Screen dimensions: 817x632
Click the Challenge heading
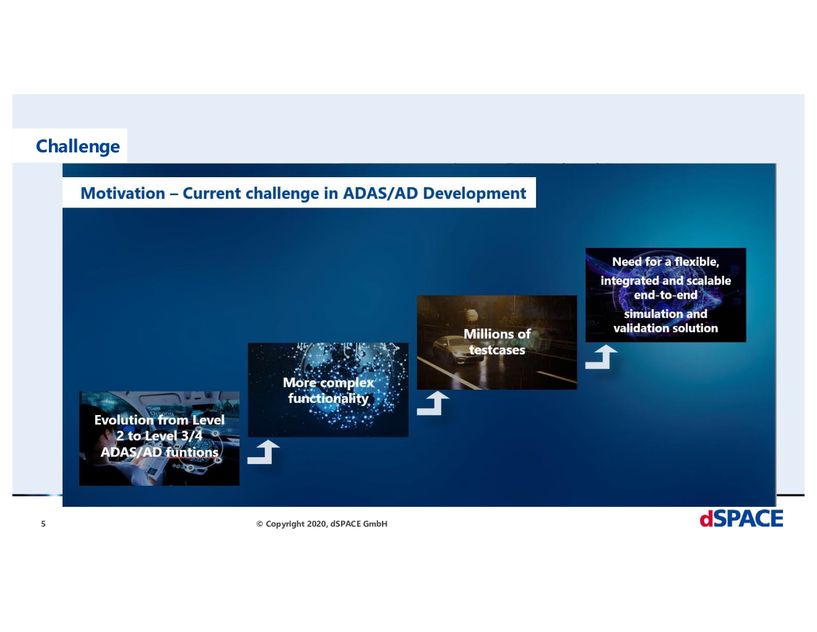pos(78,146)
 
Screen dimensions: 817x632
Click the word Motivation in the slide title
pos(123,193)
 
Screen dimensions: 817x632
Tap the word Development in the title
pos(475,194)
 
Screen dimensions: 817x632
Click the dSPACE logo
pos(741,519)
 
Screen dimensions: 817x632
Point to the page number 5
pos(43,524)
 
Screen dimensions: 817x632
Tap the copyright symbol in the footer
pos(259,524)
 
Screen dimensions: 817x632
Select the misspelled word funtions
pos(192,452)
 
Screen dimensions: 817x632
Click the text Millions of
pos(497,334)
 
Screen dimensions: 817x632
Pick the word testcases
pos(497,350)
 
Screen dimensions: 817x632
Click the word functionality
pos(328,398)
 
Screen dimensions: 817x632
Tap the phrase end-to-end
pos(665,295)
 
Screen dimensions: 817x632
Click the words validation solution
pos(665,328)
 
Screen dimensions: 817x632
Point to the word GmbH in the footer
pos(375,524)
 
